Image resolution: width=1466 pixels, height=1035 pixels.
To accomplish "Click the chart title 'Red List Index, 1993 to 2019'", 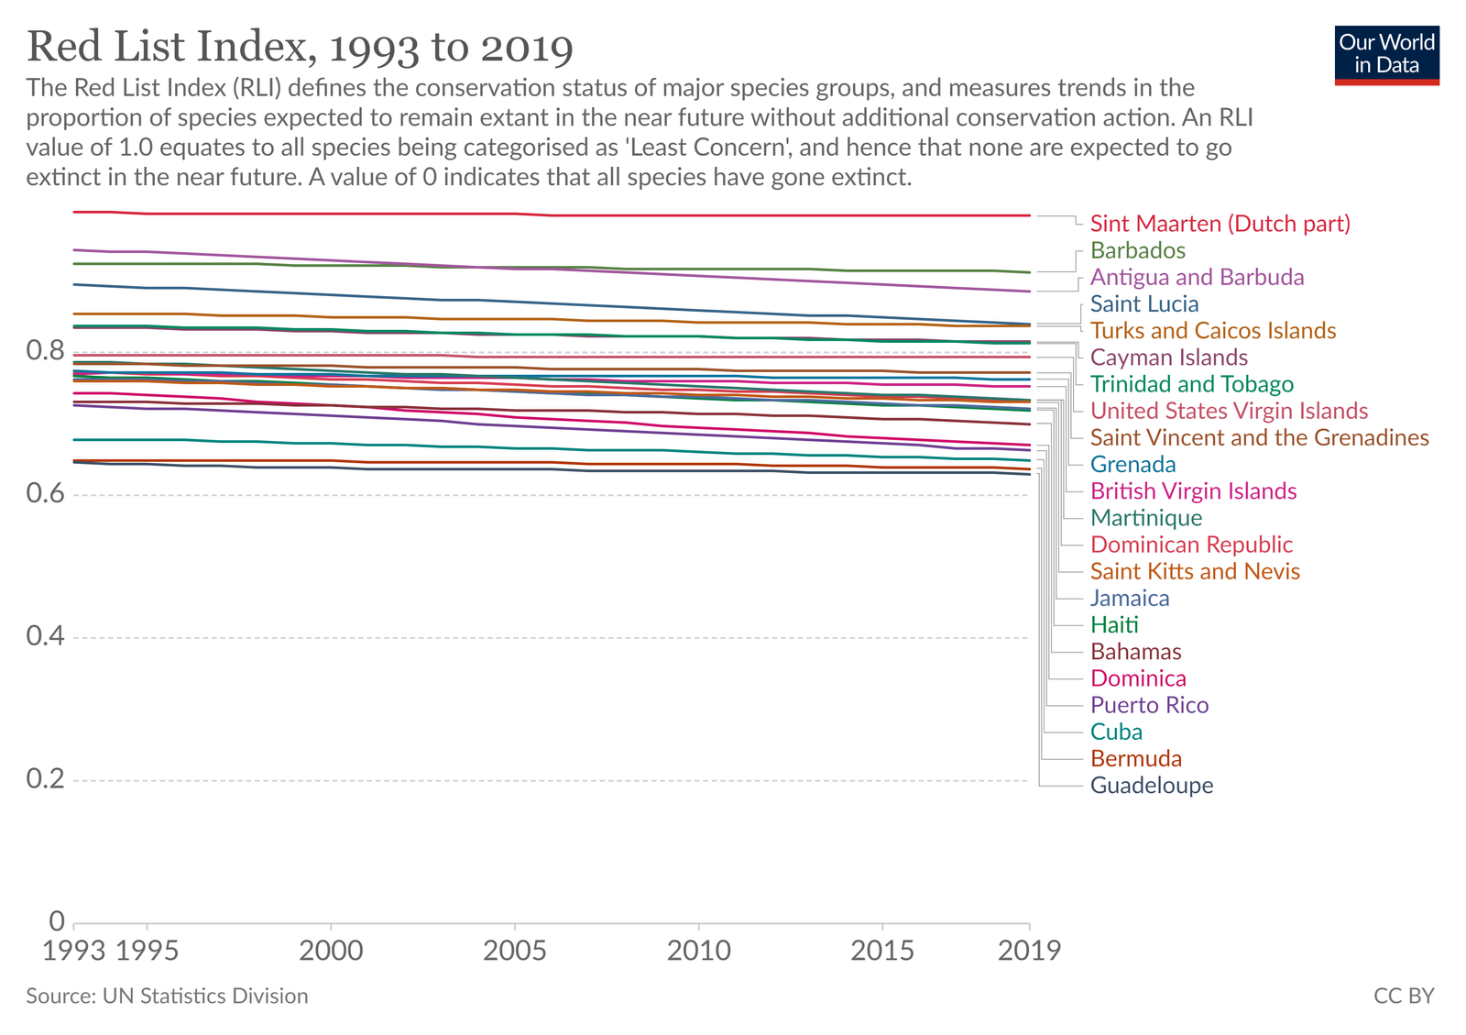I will pyautogui.click(x=300, y=48).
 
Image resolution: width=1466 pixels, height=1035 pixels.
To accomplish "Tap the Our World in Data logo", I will pyautogui.click(x=1386, y=55).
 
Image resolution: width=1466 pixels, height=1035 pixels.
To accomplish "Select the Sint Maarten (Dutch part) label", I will pyautogui.click(x=1220, y=224).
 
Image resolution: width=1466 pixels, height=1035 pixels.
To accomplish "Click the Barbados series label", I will pyautogui.click(x=1137, y=250).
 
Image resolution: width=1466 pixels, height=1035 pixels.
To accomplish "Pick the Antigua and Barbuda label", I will pyautogui.click(x=1197, y=277).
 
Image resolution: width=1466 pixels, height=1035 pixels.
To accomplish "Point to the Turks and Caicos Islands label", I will pyautogui.click(x=1212, y=331).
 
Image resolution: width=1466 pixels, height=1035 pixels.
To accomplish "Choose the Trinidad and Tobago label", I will pyautogui.click(x=1191, y=384).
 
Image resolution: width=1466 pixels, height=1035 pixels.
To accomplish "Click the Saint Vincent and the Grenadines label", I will pyautogui.click(x=1259, y=437).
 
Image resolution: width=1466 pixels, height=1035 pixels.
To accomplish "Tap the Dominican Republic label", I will pyautogui.click(x=1191, y=545).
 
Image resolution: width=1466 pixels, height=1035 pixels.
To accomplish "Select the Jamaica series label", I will pyautogui.click(x=1129, y=598).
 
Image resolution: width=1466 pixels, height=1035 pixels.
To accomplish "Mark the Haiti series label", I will pyautogui.click(x=1114, y=625).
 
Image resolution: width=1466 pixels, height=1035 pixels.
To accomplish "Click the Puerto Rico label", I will pyautogui.click(x=1149, y=705).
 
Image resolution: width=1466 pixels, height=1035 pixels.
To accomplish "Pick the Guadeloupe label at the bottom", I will pyautogui.click(x=1151, y=786).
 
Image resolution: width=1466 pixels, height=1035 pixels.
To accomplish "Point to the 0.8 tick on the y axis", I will pyautogui.click(x=45, y=351).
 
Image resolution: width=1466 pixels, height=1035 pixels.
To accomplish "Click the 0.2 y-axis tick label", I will pyautogui.click(x=45, y=780).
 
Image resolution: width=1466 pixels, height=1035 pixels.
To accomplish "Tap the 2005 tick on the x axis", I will pyautogui.click(x=515, y=951).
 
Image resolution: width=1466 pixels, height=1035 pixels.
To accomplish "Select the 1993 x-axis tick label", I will pyautogui.click(x=74, y=951).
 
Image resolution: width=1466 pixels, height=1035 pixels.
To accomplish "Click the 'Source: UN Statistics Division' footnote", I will pyautogui.click(x=167, y=996).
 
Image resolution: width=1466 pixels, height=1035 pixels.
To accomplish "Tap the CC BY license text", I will pyautogui.click(x=1404, y=996).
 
